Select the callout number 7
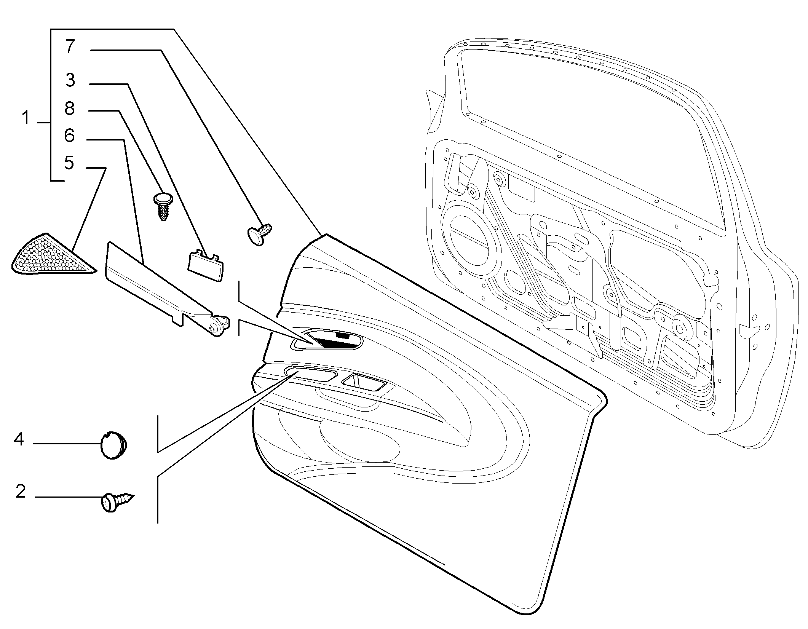(x=70, y=46)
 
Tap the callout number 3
(x=70, y=80)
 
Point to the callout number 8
(x=70, y=109)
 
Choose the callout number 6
(x=69, y=136)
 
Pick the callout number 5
(x=69, y=163)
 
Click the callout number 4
(x=19, y=439)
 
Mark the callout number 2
(x=20, y=492)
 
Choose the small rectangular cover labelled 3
(x=206, y=265)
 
